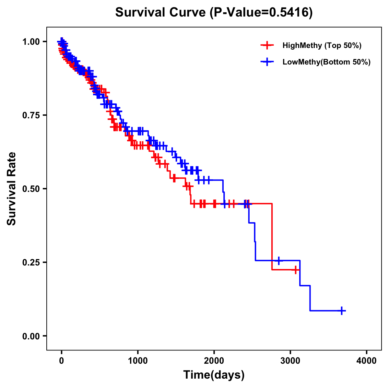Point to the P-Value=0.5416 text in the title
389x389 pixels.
261,13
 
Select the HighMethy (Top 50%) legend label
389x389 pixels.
322,45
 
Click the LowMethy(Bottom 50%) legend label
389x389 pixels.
326,62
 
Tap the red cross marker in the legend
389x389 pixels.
267,45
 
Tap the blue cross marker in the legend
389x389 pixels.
267,62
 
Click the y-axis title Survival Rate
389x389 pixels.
12,188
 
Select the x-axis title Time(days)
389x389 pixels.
214,375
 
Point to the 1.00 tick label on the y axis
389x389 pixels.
31,41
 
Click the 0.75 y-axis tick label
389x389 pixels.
31,115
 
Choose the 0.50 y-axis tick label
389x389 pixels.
31,189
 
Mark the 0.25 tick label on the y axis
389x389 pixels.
31,262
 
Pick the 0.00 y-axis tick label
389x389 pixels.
31,336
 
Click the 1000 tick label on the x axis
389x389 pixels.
138,361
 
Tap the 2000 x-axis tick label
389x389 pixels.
214,361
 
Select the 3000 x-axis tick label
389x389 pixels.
290,361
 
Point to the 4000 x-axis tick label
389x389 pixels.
367,361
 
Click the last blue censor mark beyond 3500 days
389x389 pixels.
342,311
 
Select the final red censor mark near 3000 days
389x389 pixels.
296,270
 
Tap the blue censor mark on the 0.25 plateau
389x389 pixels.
278,260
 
